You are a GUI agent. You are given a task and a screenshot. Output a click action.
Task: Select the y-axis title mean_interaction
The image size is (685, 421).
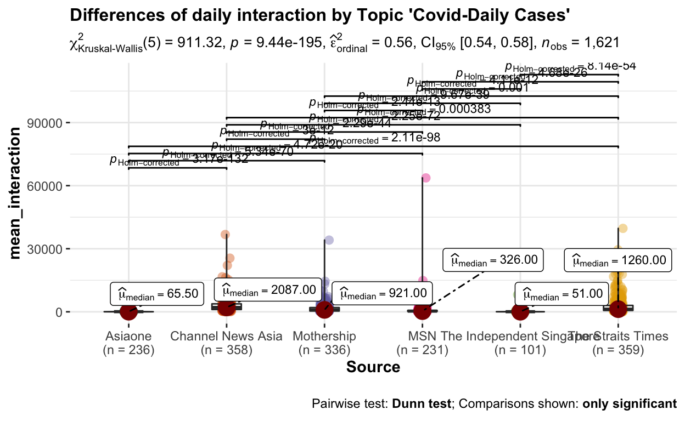(18, 192)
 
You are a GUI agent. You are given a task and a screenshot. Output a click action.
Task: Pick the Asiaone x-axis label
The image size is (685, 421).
(128, 336)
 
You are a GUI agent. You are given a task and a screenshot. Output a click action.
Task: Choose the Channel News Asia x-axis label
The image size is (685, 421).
(226, 336)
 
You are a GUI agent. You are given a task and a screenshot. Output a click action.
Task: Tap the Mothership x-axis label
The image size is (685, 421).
(324, 336)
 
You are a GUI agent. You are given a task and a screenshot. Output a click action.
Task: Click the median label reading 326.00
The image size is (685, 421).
(493, 259)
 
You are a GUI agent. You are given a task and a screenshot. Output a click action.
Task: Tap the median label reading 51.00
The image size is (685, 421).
(562, 293)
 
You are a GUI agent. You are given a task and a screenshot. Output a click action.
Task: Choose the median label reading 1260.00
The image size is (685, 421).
(619, 260)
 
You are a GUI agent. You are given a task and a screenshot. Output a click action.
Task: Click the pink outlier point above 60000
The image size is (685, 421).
(425, 178)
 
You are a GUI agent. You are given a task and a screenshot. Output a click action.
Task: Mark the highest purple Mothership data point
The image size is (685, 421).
(329, 240)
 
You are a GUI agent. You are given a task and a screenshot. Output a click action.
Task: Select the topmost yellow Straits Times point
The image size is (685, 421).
(622, 228)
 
